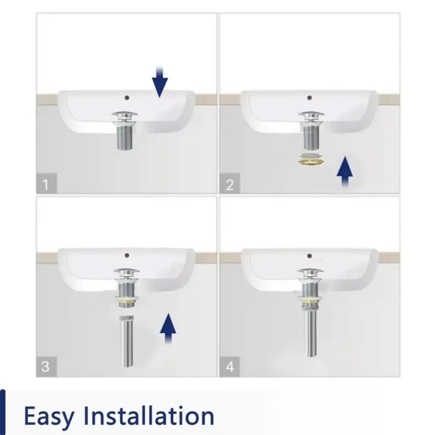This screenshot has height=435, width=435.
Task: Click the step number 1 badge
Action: (x=46, y=184)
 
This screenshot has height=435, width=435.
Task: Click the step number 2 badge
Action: (x=229, y=184)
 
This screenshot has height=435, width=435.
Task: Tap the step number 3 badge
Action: (x=46, y=367)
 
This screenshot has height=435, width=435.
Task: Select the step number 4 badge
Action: (x=229, y=367)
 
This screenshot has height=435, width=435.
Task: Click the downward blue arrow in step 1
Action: (x=160, y=82)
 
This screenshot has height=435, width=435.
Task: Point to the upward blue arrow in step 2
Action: (x=345, y=172)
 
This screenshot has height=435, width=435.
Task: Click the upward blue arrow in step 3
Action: (x=168, y=329)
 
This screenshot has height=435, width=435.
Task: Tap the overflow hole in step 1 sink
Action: (x=127, y=98)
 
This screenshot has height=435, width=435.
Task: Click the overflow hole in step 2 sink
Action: (x=310, y=98)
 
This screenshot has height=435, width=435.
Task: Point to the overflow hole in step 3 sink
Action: (x=127, y=255)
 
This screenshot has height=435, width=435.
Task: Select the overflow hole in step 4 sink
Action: (x=310, y=256)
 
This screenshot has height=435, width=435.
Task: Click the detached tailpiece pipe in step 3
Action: (x=127, y=341)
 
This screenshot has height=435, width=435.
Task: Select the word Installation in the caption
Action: (x=149, y=415)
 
